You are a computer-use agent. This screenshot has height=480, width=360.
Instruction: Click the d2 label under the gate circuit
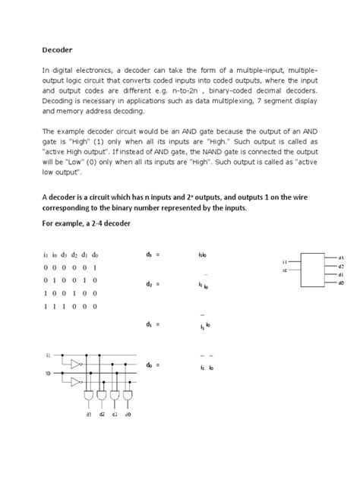[102, 415]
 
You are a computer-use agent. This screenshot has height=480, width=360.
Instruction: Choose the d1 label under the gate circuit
[115, 415]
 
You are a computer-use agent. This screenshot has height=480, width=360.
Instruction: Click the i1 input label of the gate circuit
[48, 355]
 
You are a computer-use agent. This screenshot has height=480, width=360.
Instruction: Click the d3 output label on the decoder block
[341, 257]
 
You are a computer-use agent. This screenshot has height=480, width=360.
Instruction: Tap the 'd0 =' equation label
[152, 365]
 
